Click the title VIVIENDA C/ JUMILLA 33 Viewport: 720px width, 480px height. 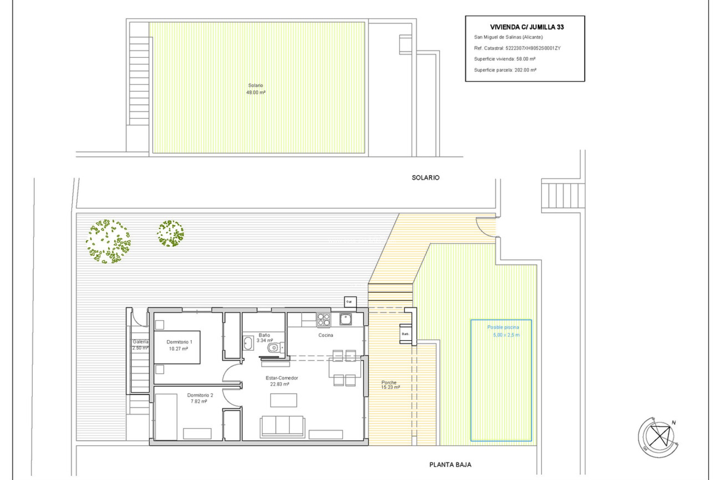pos(526,27)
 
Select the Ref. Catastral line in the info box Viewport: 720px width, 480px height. pos(517,48)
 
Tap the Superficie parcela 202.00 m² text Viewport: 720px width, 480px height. pos(505,70)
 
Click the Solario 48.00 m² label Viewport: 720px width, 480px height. pos(256,89)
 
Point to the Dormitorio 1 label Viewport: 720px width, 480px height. pos(179,345)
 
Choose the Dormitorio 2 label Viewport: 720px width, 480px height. pos(200,398)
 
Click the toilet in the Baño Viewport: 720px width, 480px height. pos(274,348)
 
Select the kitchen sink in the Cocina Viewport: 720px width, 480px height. pos(345,319)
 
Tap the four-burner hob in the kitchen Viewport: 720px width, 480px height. pos(324,320)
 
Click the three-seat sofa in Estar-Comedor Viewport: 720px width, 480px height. pos(282,426)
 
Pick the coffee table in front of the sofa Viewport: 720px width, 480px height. pos(283,400)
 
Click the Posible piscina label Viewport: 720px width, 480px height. pos(503,331)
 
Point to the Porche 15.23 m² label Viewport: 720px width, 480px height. pos(390,385)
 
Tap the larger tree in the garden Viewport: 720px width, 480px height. pos(108,241)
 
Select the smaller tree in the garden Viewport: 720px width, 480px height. pos(170,234)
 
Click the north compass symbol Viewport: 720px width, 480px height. pos(659,436)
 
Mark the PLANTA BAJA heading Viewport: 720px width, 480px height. pos(450,465)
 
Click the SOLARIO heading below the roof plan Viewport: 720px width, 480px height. pos(425,178)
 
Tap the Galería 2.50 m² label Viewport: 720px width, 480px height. pos(140,345)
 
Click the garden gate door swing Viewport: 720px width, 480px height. pos(486,227)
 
